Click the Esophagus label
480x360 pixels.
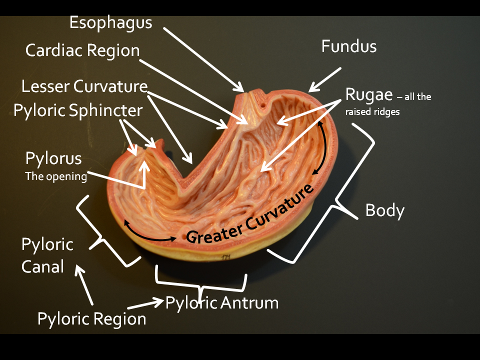click(110, 22)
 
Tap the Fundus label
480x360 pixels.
click(348, 46)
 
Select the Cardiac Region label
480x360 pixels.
click(82, 50)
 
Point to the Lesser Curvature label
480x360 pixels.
click(84, 86)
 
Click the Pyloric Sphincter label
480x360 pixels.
click(78, 110)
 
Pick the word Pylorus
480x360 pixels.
click(53, 159)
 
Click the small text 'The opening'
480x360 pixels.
click(56, 176)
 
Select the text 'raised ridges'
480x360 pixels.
click(372, 112)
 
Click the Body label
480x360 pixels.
click(384, 210)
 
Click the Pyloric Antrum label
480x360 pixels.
click(221, 302)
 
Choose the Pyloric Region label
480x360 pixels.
click(92, 318)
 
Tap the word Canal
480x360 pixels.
click(42, 266)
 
